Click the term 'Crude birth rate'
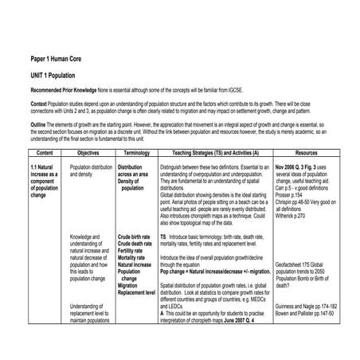(x=134, y=237)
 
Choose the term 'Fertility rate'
(x=131, y=251)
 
